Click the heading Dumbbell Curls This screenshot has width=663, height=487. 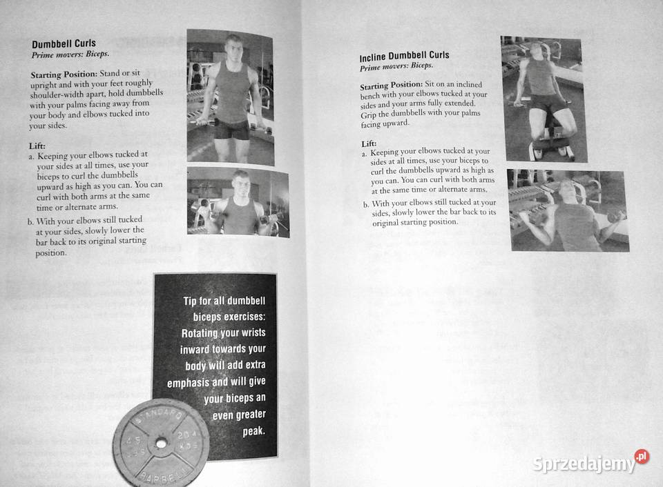[64, 43]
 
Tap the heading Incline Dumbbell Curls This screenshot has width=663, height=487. [404, 55]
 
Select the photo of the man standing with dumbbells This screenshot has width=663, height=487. [230, 97]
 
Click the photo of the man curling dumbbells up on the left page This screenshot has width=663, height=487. [238, 201]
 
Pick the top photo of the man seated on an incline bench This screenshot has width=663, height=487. [544, 98]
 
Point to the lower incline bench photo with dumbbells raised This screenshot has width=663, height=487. [568, 210]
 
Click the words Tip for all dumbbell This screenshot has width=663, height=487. [229, 301]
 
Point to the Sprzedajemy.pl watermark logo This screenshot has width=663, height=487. [590, 463]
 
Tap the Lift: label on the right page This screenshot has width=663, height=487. [368, 143]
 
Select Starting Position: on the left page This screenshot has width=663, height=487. [64, 73]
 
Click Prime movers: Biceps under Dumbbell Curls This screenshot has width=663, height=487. [70, 53]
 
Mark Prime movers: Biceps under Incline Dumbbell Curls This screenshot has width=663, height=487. [396, 66]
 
